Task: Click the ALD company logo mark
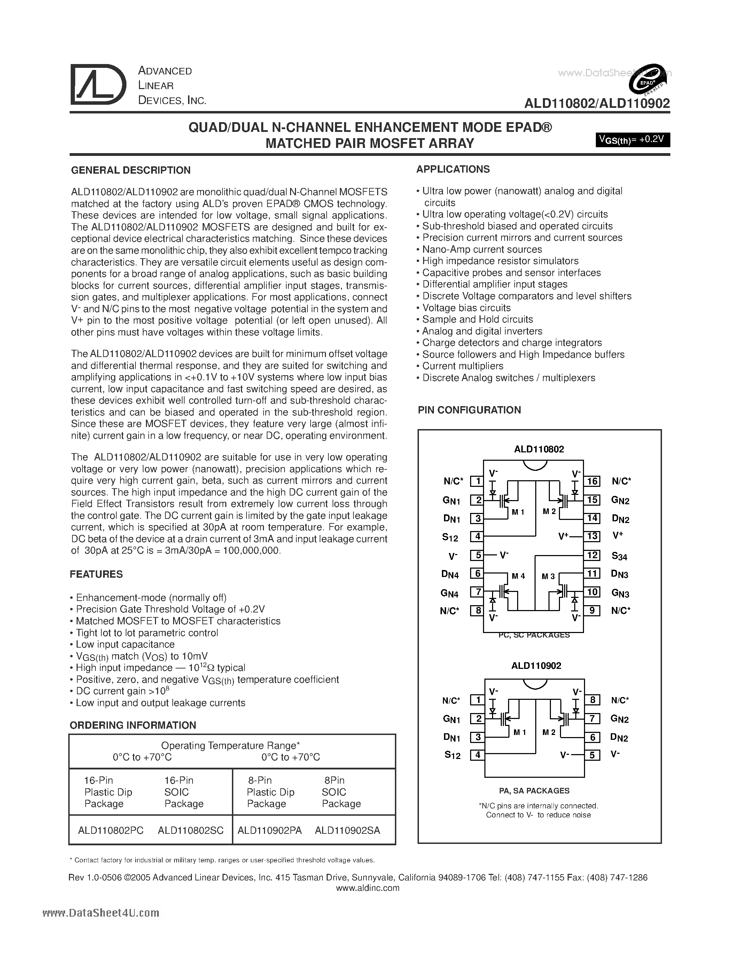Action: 98,85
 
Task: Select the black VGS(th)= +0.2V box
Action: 632,139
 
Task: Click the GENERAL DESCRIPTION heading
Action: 131,170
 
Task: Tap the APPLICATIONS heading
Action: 453,169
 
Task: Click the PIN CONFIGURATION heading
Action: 469,410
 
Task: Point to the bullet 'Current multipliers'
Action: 462,366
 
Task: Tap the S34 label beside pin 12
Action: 620,556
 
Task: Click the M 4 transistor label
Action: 518,576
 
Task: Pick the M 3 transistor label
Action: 548,576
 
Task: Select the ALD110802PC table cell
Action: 110,830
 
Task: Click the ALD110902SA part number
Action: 347,830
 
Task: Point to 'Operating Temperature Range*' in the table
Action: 230,745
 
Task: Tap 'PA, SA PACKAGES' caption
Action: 534,791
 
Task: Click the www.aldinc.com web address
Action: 367,888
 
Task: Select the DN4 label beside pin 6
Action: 450,574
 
